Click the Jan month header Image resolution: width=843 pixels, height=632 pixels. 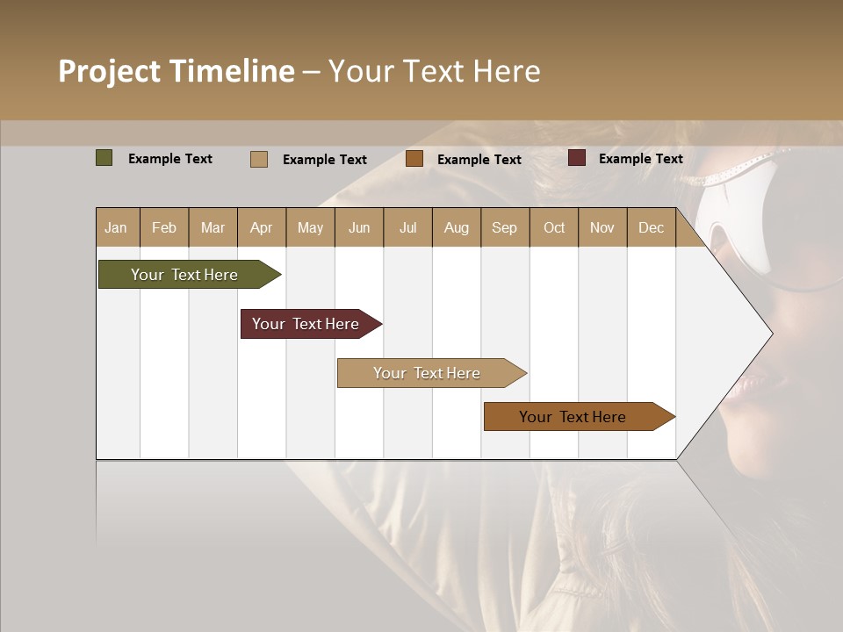pyautogui.click(x=116, y=227)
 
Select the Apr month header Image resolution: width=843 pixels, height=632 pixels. pyautogui.click(x=261, y=227)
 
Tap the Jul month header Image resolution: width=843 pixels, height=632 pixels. pyautogui.click(x=407, y=227)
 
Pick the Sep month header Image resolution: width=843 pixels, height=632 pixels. pyautogui.click(x=504, y=227)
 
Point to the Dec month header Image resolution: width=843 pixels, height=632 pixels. pyautogui.click(x=651, y=227)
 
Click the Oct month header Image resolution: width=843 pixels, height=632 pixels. pyautogui.click(x=554, y=227)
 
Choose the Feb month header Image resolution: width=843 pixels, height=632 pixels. pyautogui.click(x=164, y=227)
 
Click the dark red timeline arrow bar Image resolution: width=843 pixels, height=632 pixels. pyautogui.click(x=307, y=324)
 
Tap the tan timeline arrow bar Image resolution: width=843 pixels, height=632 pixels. pyautogui.click(x=429, y=373)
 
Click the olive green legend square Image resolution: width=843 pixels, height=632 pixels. pyautogui.click(x=104, y=158)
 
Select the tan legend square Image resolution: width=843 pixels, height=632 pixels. pyautogui.click(x=259, y=159)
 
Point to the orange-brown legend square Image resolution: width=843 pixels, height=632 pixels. pyautogui.click(x=414, y=159)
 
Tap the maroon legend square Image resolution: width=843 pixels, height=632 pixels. pyautogui.click(x=577, y=158)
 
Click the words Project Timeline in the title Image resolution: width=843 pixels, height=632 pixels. pyautogui.click(x=177, y=71)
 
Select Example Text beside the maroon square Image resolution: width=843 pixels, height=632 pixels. pyautogui.click(x=640, y=158)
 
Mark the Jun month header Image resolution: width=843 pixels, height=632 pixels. pyautogui.click(x=359, y=227)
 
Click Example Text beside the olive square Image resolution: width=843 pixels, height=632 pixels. pyautogui.click(x=170, y=158)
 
